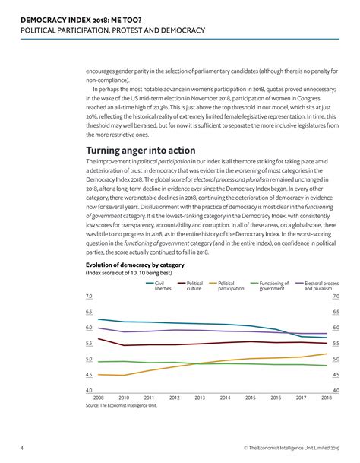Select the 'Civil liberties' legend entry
[x=163, y=286]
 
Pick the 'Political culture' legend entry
[x=194, y=286]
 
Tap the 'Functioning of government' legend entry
[x=272, y=286]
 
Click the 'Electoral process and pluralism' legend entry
[x=320, y=286]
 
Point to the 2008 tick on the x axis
[x=99, y=398]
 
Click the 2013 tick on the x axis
[x=200, y=398]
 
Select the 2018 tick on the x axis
[x=327, y=398]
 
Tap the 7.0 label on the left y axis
[x=89, y=296]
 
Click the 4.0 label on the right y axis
[x=335, y=390]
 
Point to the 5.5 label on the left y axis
[x=89, y=344]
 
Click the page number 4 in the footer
[x=21, y=448]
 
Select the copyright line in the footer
[x=291, y=448]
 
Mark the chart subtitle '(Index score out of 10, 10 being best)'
[x=128, y=272]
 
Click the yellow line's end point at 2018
[x=327, y=354]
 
